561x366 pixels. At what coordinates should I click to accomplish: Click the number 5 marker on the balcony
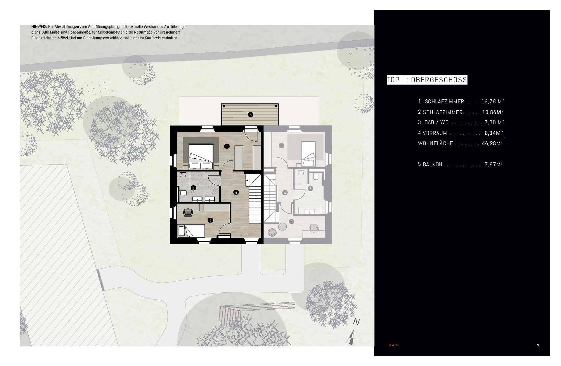[250, 115]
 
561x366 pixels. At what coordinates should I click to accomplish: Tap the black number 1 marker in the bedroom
[227, 146]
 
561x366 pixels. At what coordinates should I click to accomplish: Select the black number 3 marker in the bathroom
[193, 188]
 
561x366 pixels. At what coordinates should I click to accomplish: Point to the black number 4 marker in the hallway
[236, 192]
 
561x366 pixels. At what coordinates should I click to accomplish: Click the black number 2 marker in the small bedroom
[210, 220]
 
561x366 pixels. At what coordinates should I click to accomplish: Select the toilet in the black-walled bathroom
[183, 193]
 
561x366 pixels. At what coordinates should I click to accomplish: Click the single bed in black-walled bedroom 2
[191, 231]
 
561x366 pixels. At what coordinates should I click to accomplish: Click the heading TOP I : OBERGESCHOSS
[427, 80]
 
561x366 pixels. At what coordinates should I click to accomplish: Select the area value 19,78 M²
[492, 102]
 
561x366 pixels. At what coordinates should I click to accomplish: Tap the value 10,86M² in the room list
[492, 112]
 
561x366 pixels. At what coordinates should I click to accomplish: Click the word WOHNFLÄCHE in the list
[435, 143]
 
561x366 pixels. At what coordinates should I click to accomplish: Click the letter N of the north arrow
[356, 322]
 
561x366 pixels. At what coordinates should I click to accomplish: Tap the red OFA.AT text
[394, 345]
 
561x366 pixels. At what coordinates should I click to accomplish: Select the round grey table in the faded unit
[283, 226]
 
